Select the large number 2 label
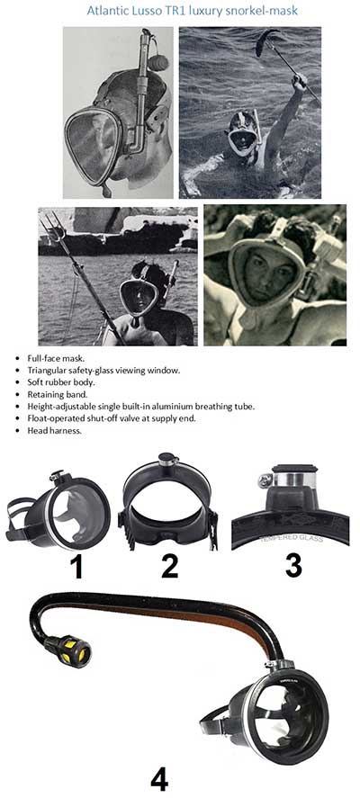[x=169, y=565]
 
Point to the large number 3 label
[x=293, y=565]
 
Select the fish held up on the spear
[x=266, y=41]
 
